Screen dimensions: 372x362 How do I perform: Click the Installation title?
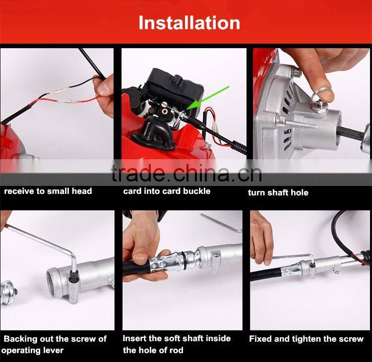tap(189, 23)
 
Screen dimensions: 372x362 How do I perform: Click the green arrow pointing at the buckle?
tap(208, 98)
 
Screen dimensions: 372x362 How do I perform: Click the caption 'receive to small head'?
tap(48, 191)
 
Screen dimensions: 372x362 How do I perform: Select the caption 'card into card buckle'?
tap(167, 191)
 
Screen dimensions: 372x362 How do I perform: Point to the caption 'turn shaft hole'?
tap(278, 192)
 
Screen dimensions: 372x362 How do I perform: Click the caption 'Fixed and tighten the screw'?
tap(306, 339)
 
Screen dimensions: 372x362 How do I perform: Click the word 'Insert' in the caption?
tap(134, 338)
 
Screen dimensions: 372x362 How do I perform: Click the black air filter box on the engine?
tap(175, 85)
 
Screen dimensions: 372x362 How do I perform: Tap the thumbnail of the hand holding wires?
tap(57, 104)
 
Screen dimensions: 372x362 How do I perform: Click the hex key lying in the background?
tap(221, 222)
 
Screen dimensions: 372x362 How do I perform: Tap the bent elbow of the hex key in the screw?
tap(73, 256)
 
